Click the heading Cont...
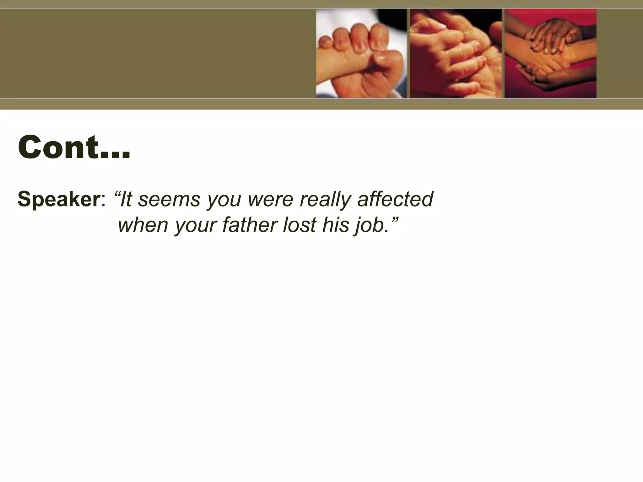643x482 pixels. click(74, 147)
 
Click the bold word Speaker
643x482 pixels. click(58, 199)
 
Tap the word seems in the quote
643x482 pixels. click(169, 199)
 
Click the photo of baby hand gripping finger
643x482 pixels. click(361, 53)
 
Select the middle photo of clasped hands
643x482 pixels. click(456, 53)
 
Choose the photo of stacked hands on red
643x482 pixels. click(550, 53)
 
